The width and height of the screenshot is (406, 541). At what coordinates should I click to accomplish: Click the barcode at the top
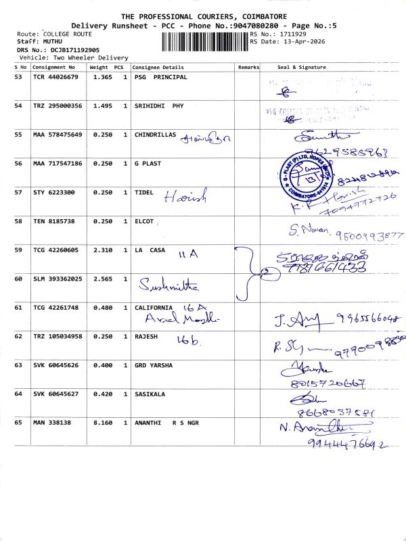[204, 42]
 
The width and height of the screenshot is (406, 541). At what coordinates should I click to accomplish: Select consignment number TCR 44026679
[55, 78]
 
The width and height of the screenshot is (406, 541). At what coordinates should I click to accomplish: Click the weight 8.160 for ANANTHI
[100, 423]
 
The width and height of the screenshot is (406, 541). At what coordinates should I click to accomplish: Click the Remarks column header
[248, 68]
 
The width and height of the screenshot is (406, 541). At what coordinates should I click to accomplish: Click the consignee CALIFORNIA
[158, 308]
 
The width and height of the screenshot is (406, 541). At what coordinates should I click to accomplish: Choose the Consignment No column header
[54, 68]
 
